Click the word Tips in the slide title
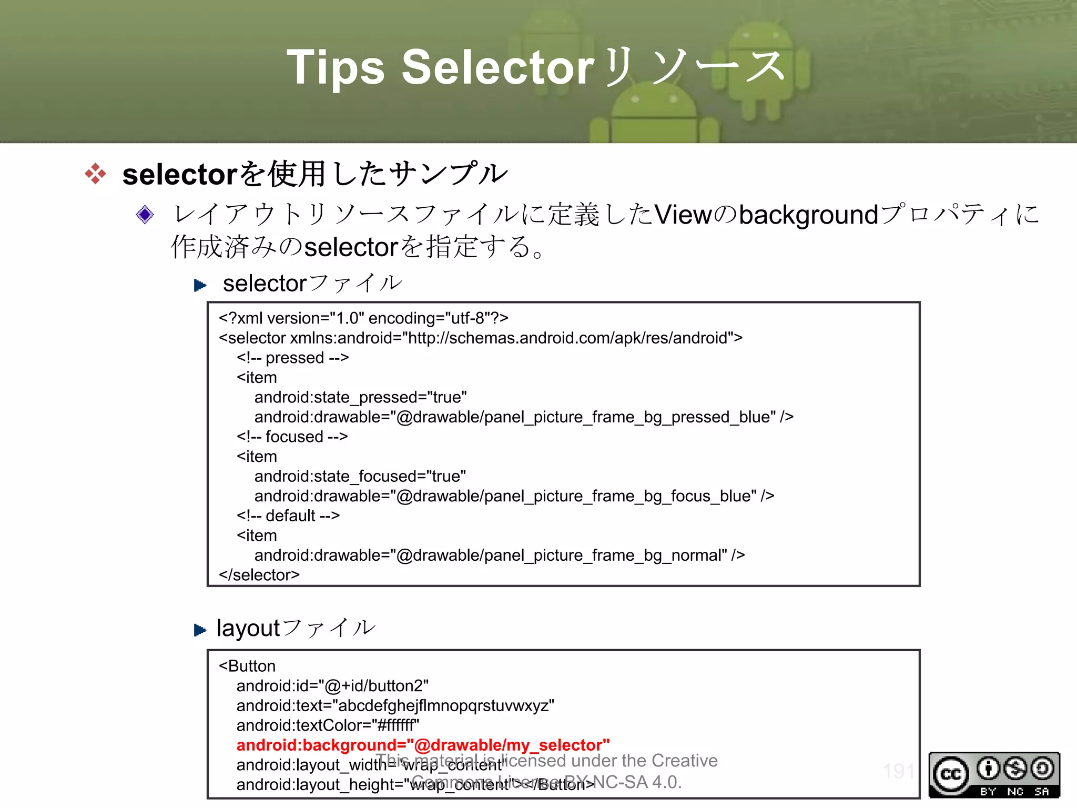coord(336,67)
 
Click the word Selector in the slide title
coord(497,67)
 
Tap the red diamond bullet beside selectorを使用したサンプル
coord(95,174)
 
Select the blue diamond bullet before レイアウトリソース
coord(145,215)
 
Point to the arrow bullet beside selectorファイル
coord(200,285)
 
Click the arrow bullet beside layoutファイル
coord(200,630)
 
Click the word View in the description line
coord(683,215)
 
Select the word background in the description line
coord(808,215)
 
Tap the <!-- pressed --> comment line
coord(292,358)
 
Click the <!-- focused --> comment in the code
coord(292,437)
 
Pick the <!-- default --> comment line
coord(288,516)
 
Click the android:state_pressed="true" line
coord(361,397)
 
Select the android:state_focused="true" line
coord(360,476)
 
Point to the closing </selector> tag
coord(259,575)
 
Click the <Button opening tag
coord(247,666)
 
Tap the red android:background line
coord(423,745)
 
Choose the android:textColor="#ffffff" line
coord(328,725)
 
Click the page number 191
coord(899,772)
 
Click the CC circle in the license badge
coord(951,774)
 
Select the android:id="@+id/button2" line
coord(332,686)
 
